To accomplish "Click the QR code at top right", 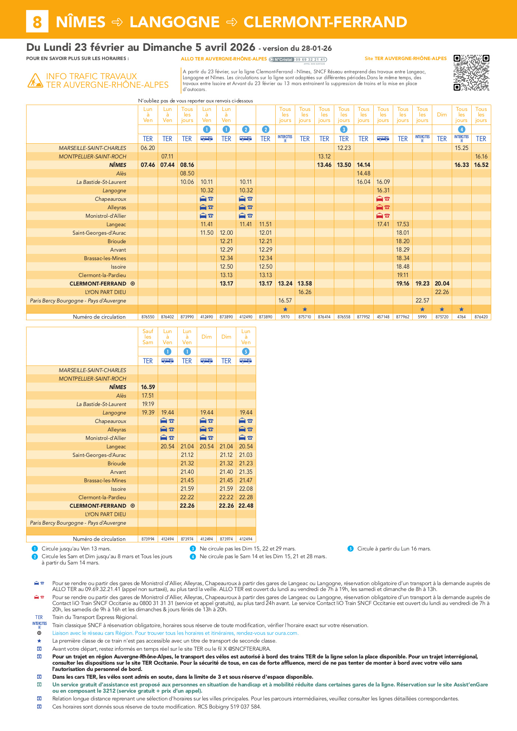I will [471, 73].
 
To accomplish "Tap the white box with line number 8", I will [37, 22].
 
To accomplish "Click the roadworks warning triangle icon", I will [35, 81].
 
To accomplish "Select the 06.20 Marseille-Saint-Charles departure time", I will [148, 148].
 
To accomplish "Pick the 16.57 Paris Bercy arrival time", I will [285, 301].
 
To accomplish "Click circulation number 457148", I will [383, 317].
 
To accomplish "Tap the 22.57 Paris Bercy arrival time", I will [422, 301].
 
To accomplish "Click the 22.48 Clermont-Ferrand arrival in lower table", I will [246, 506].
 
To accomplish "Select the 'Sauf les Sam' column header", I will [148, 337].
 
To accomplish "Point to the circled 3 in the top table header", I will [344, 129].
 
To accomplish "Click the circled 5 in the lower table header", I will [246, 351].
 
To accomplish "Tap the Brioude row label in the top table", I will [117, 241].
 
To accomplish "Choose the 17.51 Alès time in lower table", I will [148, 396].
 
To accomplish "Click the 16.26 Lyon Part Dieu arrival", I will [305, 292].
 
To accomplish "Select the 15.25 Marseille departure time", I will [461, 148].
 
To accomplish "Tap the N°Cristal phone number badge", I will [298, 60].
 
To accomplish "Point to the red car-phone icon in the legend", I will [39, 597].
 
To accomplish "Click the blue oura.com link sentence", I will [175, 633].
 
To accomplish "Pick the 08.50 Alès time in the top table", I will [187, 174].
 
